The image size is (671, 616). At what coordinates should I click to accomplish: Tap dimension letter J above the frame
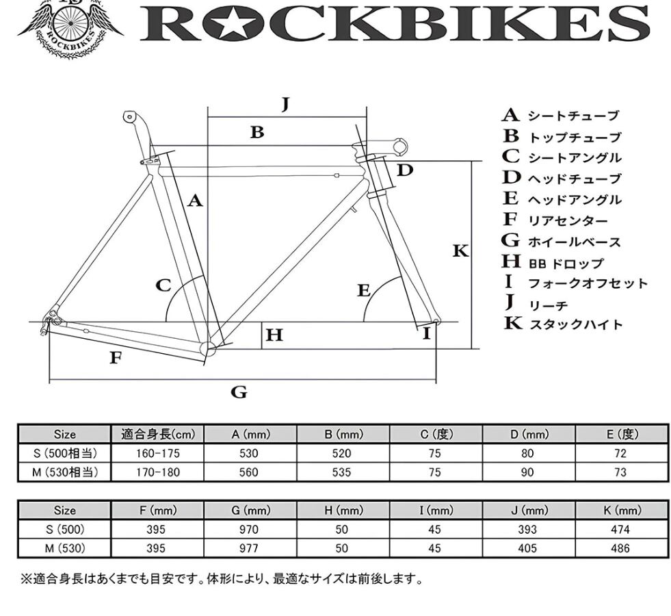(x=286, y=104)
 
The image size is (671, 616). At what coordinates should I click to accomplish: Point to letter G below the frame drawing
(x=239, y=392)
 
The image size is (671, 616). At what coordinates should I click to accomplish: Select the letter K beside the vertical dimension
(x=460, y=251)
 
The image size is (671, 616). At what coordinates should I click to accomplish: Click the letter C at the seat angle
(x=163, y=285)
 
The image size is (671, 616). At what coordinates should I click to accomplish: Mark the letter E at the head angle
(x=364, y=290)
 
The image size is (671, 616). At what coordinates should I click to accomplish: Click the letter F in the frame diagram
(x=116, y=357)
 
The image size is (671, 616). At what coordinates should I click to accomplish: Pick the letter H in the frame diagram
(x=274, y=335)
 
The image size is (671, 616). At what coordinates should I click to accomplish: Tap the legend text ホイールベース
(x=574, y=242)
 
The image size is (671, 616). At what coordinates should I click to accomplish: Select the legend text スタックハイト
(x=575, y=324)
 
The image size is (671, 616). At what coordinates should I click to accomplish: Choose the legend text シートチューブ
(x=573, y=116)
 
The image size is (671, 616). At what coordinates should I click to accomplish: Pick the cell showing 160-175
(x=158, y=453)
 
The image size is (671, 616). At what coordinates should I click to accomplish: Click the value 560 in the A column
(x=249, y=472)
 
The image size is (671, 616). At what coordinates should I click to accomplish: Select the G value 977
(x=249, y=548)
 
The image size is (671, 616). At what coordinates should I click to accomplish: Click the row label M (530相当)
(x=65, y=472)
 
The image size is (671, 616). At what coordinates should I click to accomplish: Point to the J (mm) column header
(x=529, y=510)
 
